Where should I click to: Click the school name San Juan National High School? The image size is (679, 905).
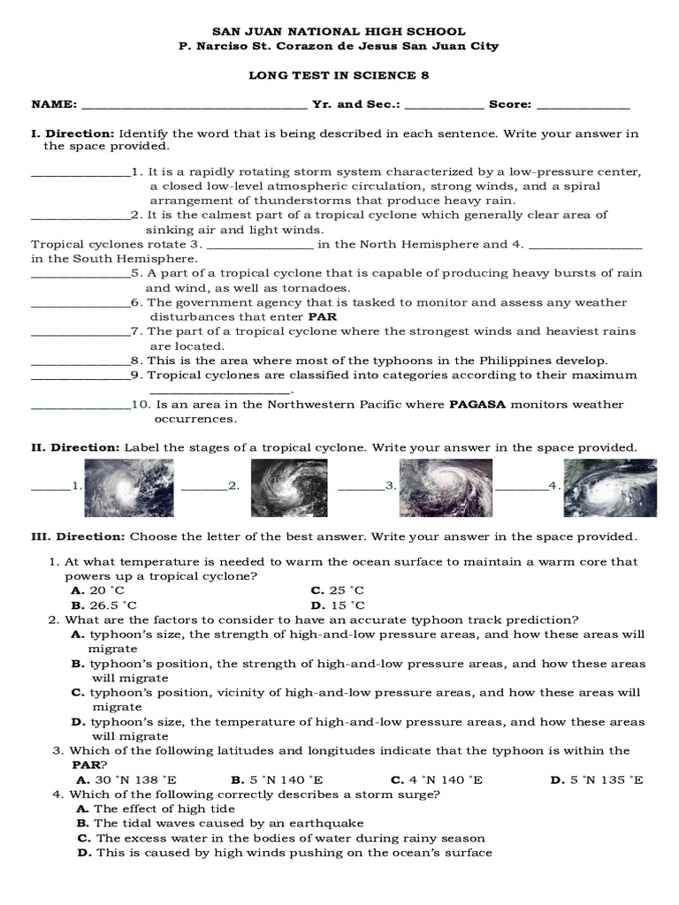tap(339, 31)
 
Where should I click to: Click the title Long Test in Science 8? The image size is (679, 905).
tap(339, 75)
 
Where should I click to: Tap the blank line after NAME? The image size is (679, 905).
tap(193, 105)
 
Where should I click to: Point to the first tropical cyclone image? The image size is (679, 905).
tap(125, 488)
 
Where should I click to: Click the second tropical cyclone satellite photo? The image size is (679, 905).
tap(289, 488)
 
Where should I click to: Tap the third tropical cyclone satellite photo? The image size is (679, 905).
tap(446, 488)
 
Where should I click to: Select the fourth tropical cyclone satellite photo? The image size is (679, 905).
tap(610, 488)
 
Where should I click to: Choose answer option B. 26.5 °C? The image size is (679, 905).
tap(104, 605)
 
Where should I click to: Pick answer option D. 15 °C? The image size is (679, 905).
tap(338, 605)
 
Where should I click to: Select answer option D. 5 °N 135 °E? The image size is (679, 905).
tap(597, 780)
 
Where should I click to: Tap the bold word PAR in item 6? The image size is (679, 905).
tap(322, 316)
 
